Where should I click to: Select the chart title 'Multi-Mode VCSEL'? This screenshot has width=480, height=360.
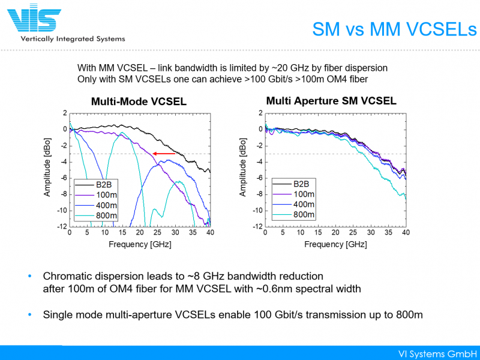coord(139,102)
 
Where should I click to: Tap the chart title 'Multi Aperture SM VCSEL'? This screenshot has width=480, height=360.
coord(331,101)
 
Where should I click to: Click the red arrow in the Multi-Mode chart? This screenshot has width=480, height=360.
coord(164,154)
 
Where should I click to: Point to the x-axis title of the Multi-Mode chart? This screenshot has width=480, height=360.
coord(139,244)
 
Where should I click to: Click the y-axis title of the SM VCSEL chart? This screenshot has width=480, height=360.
coord(244,170)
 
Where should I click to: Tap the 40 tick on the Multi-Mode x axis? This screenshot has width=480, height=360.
coord(209,232)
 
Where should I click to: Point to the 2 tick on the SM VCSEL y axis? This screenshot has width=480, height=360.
coord(260,113)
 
